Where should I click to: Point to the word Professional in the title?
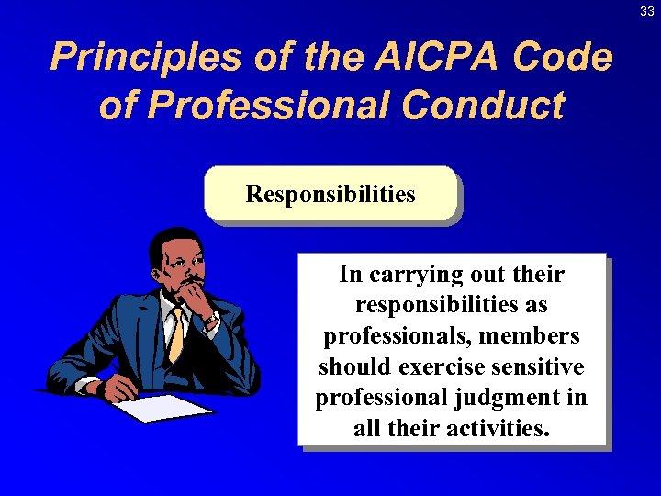tap(273, 106)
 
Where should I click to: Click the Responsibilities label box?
tap(330, 195)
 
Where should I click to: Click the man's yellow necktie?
tap(175, 334)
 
